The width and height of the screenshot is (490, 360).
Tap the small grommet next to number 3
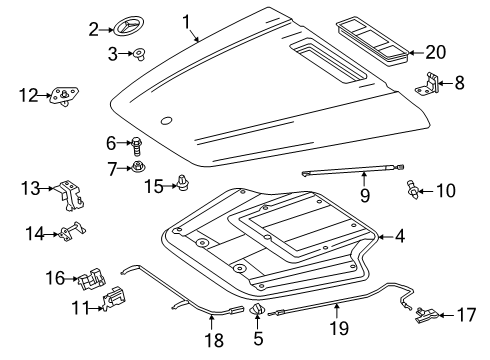point(139,54)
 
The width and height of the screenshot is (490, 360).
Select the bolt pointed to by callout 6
point(137,146)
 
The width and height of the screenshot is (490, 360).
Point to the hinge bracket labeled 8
point(428,83)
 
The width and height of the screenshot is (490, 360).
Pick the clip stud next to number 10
point(413,190)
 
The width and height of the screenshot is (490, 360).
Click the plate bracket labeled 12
point(64,96)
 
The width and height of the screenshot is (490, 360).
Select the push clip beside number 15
point(182,183)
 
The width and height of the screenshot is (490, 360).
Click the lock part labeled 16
point(91,277)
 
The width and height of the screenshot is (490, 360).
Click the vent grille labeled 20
point(373,42)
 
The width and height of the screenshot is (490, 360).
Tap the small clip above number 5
point(257,309)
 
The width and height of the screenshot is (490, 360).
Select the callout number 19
point(339,328)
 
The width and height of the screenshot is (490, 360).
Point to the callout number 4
point(400,236)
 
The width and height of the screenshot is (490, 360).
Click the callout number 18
point(214,340)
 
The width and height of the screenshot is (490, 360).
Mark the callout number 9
point(365,195)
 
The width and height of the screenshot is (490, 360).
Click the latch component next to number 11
point(115,300)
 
